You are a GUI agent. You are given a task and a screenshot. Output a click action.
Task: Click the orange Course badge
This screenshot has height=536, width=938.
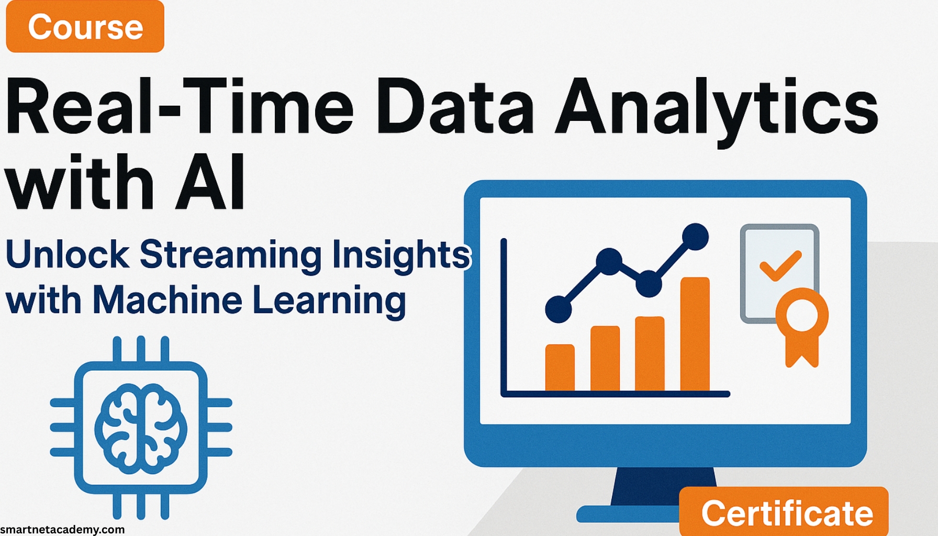pyautogui.click(x=85, y=27)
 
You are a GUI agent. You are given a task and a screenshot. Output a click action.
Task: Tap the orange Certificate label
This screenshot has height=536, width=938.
pyautogui.click(x=786, y=513)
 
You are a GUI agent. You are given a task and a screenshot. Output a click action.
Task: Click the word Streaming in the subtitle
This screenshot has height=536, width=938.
pyautogui.click(x=231, y=255)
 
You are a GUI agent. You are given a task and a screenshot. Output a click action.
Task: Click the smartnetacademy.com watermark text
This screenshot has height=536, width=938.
pyautogui.click(x=62, y=529)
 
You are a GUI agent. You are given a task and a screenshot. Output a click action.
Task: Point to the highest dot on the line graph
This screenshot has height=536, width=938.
pyautogui.click(x=695, y=237)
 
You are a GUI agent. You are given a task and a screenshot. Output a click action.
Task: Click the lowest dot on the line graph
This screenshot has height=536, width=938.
pyautogui.click(x=559, y=309)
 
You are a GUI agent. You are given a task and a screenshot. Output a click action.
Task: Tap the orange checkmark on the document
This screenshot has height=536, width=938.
pyautogui.click(x=780, y=265)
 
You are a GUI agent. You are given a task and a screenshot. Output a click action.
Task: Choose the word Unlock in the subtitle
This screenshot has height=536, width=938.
pyautogui.click(x=67, y=255)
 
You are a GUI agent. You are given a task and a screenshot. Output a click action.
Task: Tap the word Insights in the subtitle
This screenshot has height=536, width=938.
pyautogui.click(x=401, y=255)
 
